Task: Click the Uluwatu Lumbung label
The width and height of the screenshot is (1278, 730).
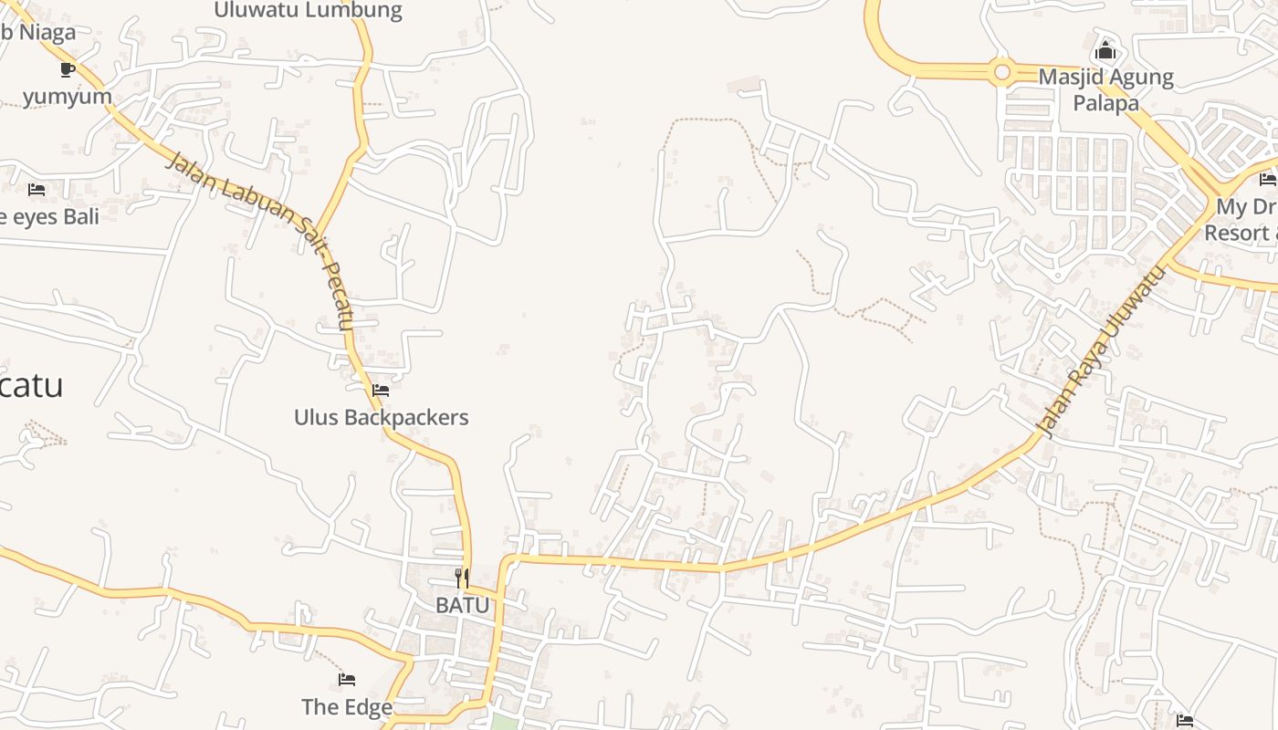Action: (x=308, y=11)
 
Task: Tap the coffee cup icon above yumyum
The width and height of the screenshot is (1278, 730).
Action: (x=67, y=68)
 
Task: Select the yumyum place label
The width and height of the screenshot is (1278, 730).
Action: (x=68, y=96)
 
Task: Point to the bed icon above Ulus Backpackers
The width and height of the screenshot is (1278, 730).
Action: (x=381, y=391)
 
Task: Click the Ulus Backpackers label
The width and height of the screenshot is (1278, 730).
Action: (x=381, y=417)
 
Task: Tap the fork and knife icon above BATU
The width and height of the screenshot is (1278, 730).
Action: (x=462, y=578)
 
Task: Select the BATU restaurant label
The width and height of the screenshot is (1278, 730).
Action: (x=462, y=604)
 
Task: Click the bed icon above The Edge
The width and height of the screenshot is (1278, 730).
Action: (x=347, y=680)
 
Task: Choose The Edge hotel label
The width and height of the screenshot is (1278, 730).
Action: (x=347, y=706)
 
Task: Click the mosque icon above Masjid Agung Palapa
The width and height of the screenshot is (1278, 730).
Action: (x=1105, y=49)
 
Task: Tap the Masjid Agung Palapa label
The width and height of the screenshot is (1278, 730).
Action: (x=1105, y=89)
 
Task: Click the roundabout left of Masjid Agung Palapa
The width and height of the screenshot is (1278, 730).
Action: (x=1002, y=71)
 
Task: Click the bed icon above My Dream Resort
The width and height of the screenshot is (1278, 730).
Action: (x=1268, y=179)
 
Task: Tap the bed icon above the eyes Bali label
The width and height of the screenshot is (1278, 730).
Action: (x=37, y=190)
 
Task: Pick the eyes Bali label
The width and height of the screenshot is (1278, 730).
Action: (x=50, y=216)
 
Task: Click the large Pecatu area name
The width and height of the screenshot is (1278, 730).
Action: (x=31, y=385)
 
